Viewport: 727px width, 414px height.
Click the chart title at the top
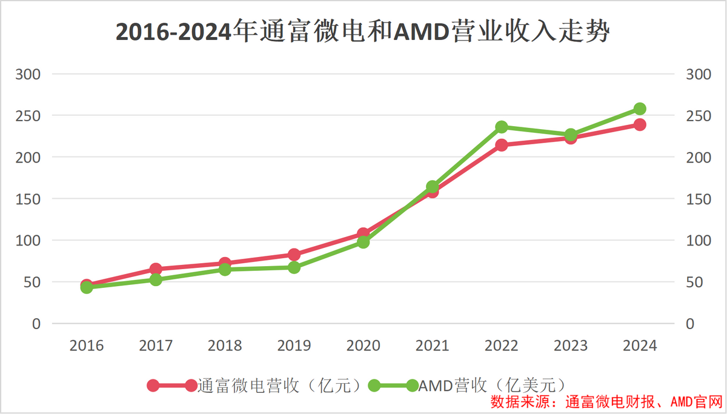point(362,32)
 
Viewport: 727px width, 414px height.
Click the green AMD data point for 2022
point(502,127)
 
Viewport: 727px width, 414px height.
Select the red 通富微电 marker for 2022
point(502,145)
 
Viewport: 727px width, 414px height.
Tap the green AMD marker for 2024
point(640,109)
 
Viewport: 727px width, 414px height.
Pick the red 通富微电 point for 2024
point(640,124)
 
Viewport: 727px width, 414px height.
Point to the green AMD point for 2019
point(294,267)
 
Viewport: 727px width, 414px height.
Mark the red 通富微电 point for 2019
point(294,255)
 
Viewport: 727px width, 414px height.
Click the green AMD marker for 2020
point(363,242)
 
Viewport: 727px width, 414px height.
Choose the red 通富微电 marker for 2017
point(156,269)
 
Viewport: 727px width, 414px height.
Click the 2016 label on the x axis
point(87,346)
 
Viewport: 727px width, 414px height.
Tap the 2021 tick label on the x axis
point(432,346)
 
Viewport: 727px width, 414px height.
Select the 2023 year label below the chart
point(571,346)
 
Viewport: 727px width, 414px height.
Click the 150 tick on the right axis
point(697,199)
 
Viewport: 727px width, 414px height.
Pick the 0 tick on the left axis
point(36,324)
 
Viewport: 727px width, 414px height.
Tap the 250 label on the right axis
point(697,116)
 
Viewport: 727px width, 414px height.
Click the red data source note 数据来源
point(606,402)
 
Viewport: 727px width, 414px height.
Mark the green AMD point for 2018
point(225,269)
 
